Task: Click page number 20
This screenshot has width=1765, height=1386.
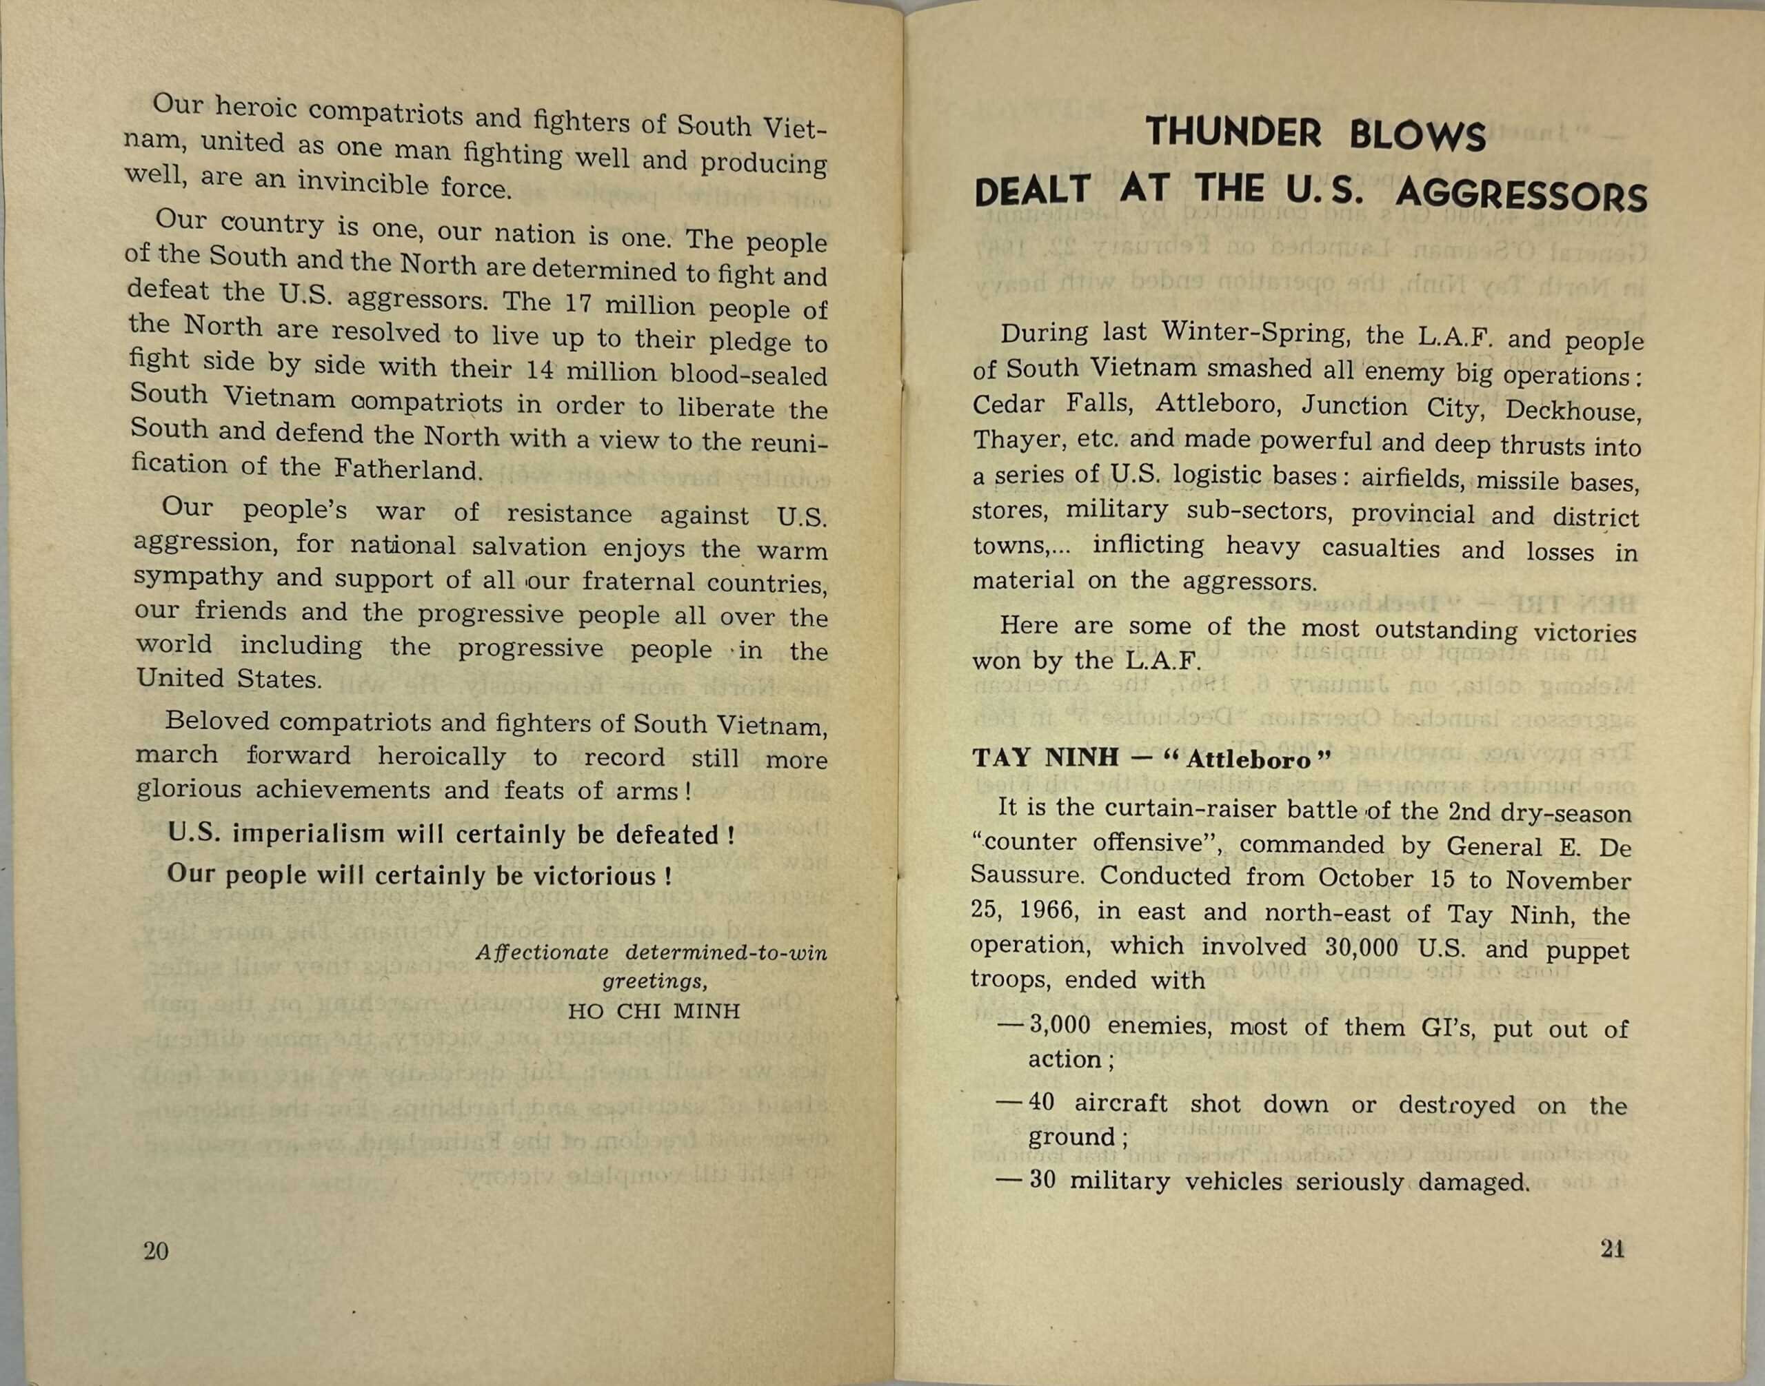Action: click(156, 1250)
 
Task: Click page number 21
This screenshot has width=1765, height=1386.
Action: click(1613, 1248)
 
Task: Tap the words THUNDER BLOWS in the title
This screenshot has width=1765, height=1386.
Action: click(1315, 134)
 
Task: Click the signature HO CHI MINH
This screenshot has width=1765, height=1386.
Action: click(654, 1011)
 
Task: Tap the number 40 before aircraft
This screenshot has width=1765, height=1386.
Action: click(1041, 1102)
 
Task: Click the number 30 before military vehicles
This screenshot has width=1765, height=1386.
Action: click(1042, 1179)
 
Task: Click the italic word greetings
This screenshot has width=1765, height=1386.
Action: click(654, 982)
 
